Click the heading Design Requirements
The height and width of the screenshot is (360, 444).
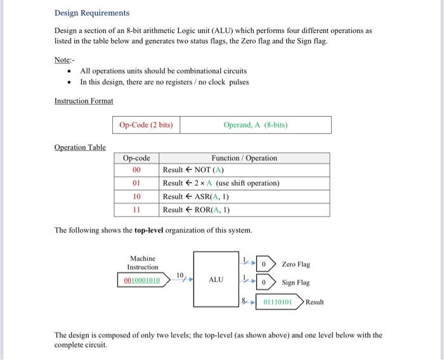tap(91, 13)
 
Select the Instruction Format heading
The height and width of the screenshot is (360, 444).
tap(84, 101)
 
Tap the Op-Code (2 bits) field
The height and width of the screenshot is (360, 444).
tap(146, 125)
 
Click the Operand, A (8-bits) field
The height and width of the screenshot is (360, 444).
tap(256, 125)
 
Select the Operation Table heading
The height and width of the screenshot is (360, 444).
tap(80, 147)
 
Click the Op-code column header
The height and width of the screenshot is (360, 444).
tap(136, 158)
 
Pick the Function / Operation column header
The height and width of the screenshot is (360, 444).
tap(244, 158)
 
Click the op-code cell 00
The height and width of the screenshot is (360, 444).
tap(136, 170)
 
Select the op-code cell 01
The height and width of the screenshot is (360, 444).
tap(136, 183)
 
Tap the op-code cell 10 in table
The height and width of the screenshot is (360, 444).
tap(136, 196)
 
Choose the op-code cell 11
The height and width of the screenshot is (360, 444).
tap(136, 210)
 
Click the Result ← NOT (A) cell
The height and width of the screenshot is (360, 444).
tap(193, 170)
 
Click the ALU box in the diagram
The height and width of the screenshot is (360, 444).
tap(216, 280)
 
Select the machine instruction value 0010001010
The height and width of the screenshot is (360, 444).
tap(142, 280)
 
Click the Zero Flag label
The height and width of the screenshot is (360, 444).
tap(296, 264)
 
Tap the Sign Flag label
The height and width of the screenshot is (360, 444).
tap(296, 283)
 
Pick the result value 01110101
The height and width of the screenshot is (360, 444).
tap(277, 302)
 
